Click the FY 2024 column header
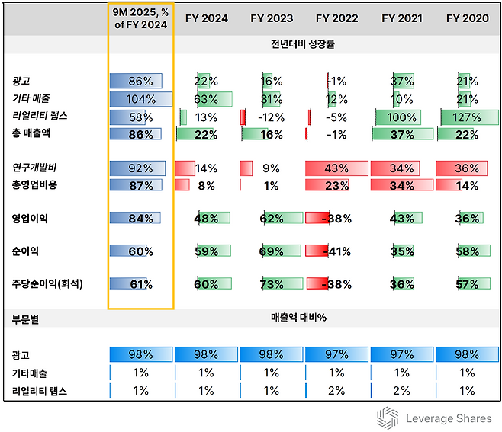click(206, 18)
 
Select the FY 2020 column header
click(468, 18)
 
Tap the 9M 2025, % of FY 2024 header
click(140, 18)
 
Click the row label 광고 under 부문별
click(20, 355)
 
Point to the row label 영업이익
click(30, 218)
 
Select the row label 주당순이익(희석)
click(48, 283)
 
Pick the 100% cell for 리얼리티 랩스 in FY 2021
click(402, 117)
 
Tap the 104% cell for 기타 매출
click(140, 98)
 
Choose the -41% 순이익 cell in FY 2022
click(336, 251)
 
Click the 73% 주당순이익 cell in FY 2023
click(272, 284)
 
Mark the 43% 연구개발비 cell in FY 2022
click(336, 168)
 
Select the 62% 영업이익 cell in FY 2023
click(272, 218)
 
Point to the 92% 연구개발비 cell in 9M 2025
click(140, 168)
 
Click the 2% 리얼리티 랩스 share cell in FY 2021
click(402, 391)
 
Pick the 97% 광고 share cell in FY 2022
click(336, 355)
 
